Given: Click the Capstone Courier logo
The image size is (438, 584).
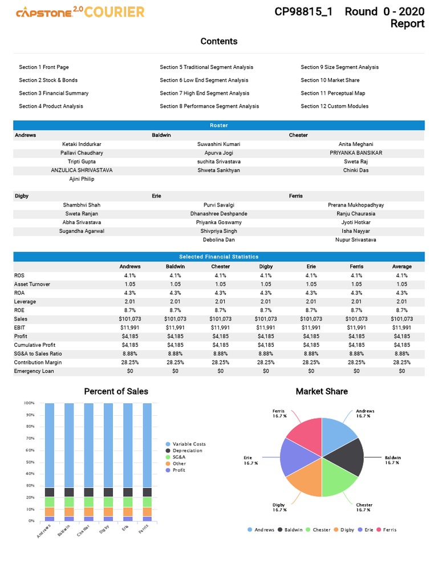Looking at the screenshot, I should tap(80, 12).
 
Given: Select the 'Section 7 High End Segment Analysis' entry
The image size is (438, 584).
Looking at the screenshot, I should tap(204, 93).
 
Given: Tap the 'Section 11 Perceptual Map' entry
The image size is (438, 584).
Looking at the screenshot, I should tap(332, 93).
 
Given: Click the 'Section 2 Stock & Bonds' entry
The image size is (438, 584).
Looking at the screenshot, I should tap(48, 80).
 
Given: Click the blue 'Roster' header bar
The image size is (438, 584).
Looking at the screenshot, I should tap(219, 125).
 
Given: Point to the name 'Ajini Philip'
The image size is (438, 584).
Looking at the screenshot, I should tap(82, 179).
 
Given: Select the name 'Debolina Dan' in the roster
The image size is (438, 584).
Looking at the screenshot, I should tap(218, 240).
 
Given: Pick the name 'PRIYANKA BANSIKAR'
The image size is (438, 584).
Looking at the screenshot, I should tap(355, 153).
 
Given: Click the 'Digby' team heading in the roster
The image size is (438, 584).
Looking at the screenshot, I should tap(21, 196).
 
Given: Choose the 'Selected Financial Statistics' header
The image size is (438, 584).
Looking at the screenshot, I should tap(219, 257).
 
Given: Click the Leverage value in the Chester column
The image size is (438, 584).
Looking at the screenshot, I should tap(221, 302).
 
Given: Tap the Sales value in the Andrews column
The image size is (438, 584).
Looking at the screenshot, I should tap(129, 319).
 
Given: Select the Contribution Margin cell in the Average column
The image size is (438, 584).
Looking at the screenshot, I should tap(401, 362).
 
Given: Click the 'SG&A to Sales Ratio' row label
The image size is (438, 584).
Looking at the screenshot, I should tap(38, 354).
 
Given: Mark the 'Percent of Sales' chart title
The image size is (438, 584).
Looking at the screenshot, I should tap(116, 391).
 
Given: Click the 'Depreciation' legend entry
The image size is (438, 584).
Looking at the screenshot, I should tap(187, 451).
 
